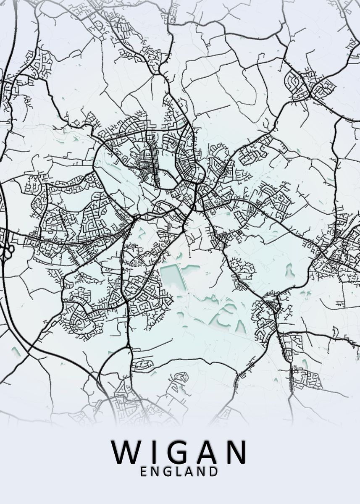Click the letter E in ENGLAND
144,472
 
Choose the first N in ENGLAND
155,472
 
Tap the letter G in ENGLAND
167,472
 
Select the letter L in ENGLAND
178,472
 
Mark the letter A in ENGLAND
189,472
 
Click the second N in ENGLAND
201,472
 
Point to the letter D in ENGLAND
213,472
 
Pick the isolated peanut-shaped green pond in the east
290,271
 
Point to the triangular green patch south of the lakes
240,325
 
